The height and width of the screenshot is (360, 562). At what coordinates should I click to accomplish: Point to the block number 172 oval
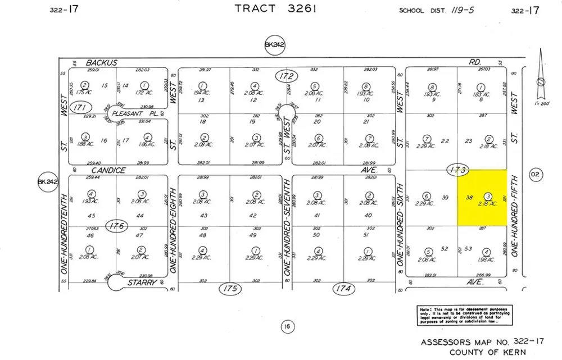pos(286,75)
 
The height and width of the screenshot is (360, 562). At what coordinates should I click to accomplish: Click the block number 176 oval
pos(116,226)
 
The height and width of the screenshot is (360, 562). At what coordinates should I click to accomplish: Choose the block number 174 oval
pos(345,289)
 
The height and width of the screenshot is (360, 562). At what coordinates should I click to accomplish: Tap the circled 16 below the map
pos(287,327)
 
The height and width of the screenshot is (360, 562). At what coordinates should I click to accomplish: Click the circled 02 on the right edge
pos(534,175)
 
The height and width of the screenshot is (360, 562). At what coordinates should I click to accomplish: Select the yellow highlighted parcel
pos(481,198)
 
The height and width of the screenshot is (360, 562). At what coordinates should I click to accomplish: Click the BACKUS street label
pos(101,63)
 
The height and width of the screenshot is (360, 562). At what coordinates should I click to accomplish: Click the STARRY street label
pos(141,282)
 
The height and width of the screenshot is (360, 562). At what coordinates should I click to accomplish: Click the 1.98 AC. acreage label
pos(486,259)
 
